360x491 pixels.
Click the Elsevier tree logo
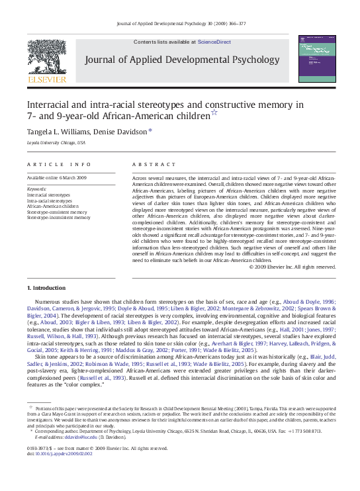(x=46, y=58)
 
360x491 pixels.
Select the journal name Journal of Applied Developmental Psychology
(x=182, y=60)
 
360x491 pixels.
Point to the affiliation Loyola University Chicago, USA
(x=56, y=142)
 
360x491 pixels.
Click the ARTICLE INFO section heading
(x=60, y=164)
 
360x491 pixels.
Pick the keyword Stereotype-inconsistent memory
(x=58, y=217)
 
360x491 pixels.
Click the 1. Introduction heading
(x=46, y=288)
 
